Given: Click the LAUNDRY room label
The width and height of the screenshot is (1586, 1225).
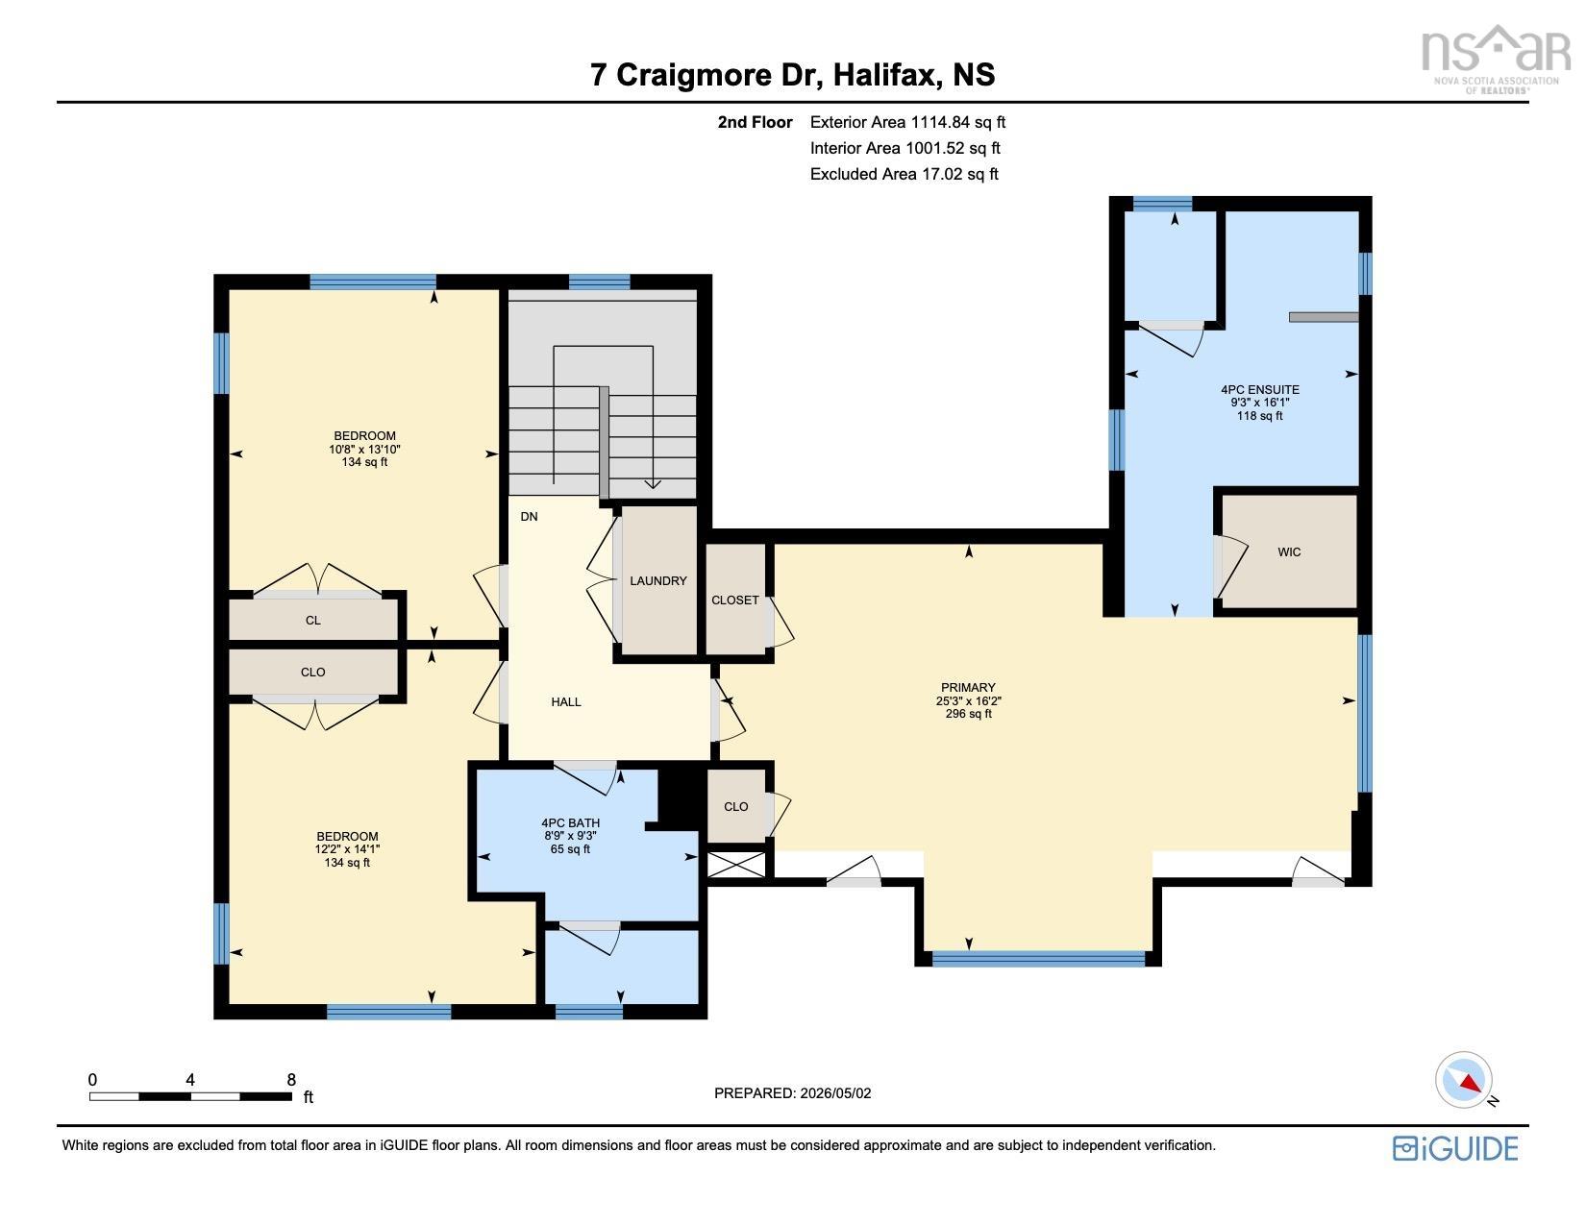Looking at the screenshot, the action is pos(657,580).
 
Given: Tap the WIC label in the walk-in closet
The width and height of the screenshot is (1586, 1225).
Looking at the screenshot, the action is pos(1289,552).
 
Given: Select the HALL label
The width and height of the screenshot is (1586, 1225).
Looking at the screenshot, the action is pos(565,702).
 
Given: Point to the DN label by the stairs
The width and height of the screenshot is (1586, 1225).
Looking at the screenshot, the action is pos(529,517).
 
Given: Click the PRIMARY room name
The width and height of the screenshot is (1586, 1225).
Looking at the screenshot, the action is pos(968,687).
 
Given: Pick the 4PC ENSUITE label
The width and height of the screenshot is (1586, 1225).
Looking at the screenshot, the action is pos(1260,390).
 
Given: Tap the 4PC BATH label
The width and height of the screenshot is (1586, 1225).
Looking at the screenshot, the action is pos(570,822).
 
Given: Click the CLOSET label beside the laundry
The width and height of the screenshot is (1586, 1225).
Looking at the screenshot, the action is pos(735,600).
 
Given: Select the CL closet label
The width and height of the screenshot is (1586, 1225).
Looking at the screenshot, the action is pos(313,620).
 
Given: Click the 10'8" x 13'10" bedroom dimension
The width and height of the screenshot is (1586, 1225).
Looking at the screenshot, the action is pos(364,450).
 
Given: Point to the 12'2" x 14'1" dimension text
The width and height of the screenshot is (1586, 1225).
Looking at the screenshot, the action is pos(347,849).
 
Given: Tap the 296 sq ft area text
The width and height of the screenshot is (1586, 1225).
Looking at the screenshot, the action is pos(968,714).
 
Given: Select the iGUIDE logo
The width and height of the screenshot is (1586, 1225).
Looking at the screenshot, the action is pos(1455,1148).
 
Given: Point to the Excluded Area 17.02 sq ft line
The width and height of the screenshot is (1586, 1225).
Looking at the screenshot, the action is pos(904,174).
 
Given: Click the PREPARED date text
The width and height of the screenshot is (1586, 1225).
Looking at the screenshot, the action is pos(792,1093).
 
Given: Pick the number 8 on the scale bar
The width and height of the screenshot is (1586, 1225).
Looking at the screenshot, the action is pos(291,1080).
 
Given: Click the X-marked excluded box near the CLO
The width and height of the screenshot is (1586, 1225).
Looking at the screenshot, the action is pos(735,865).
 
